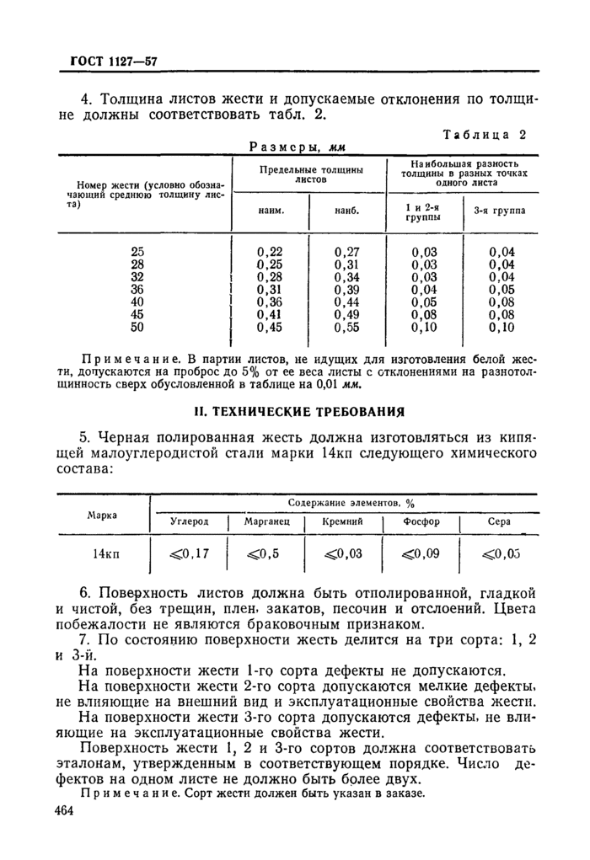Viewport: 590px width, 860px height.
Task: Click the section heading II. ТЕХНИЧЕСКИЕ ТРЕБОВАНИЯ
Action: point(295,412)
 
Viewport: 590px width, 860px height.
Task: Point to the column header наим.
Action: point(270,211)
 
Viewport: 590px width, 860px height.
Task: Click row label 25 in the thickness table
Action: point(138,250)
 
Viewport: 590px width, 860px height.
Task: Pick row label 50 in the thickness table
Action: point(138,327)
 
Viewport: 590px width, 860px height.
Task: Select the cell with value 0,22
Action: point(270,250)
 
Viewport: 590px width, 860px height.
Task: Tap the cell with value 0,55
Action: point(347,327)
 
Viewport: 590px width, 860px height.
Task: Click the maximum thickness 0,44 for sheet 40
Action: point(347,302)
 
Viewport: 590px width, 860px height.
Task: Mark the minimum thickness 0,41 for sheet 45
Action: point(270,314)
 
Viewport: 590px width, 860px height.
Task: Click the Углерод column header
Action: point(189,522)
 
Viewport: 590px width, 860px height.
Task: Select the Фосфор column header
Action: point(421,522)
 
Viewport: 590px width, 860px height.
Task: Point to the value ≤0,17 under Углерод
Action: point(189,553)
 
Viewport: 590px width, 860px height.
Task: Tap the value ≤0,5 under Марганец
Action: point(265,553)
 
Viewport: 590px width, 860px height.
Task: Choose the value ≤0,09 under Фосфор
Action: point(421,553)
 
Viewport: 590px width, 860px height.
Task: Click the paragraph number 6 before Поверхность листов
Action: point(83,593)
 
